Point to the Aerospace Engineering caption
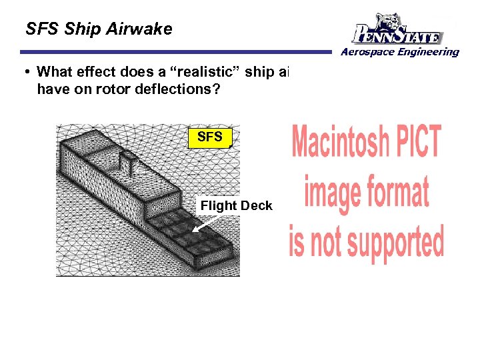pos(401,52)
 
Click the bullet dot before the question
pos(28,72)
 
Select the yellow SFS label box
pos(209,137)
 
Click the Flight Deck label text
pos(236,205)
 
